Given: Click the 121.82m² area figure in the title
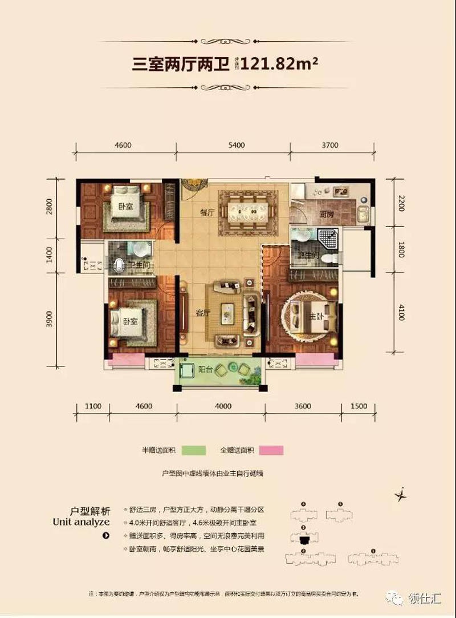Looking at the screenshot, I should pyautogui.click(x=279, y=64).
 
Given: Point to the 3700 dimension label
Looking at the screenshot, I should pyautogui.click(x=329, y=146).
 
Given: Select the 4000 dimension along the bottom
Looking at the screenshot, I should pyautogui.click(x=223, y=406).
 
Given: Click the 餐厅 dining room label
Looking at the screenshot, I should pyautogui.click(x=206, y=212).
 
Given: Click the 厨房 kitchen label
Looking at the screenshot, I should pyautogui.click(x=326, y=215).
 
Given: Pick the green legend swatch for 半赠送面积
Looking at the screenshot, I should pyautogui.click(x=193, y=450).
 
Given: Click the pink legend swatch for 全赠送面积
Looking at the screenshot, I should pyautogui.click(x=271, y=450).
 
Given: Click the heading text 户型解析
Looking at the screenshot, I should pyautogui.click(x=87, y=510).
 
